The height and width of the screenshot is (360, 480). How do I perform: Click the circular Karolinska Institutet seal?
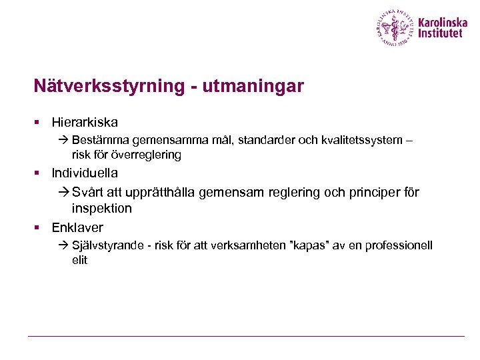pos(395,27)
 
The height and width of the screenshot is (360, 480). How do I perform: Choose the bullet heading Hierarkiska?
pos(85,123)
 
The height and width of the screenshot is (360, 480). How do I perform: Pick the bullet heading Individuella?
pos(85,173)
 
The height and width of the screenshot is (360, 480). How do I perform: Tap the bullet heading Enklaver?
pos(77,228)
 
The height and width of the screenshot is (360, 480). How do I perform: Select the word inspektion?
pos(102,209)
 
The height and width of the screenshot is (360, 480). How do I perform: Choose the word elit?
pos(79,261)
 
